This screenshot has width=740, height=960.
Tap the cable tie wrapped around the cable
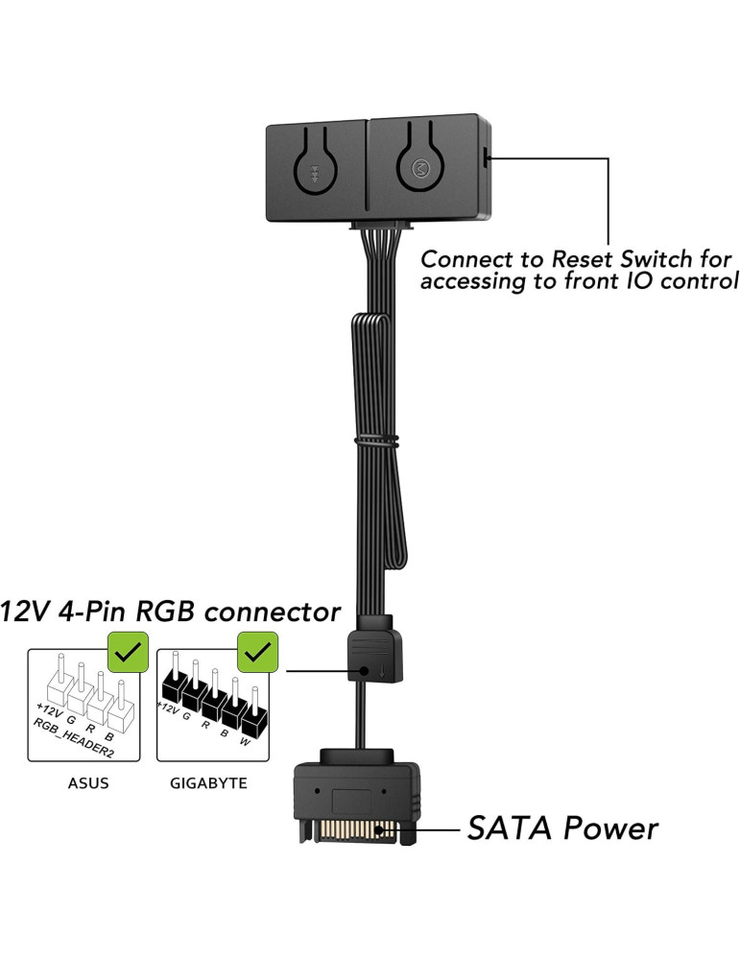(376, 443)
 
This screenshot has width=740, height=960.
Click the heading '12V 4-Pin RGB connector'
(171, 611)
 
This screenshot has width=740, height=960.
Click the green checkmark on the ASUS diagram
(127, 652)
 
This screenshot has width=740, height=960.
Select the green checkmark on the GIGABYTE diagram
(256, 652)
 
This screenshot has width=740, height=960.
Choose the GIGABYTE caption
(208, 782)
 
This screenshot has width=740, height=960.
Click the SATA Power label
(562, 828)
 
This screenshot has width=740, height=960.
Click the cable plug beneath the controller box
(381, 228)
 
